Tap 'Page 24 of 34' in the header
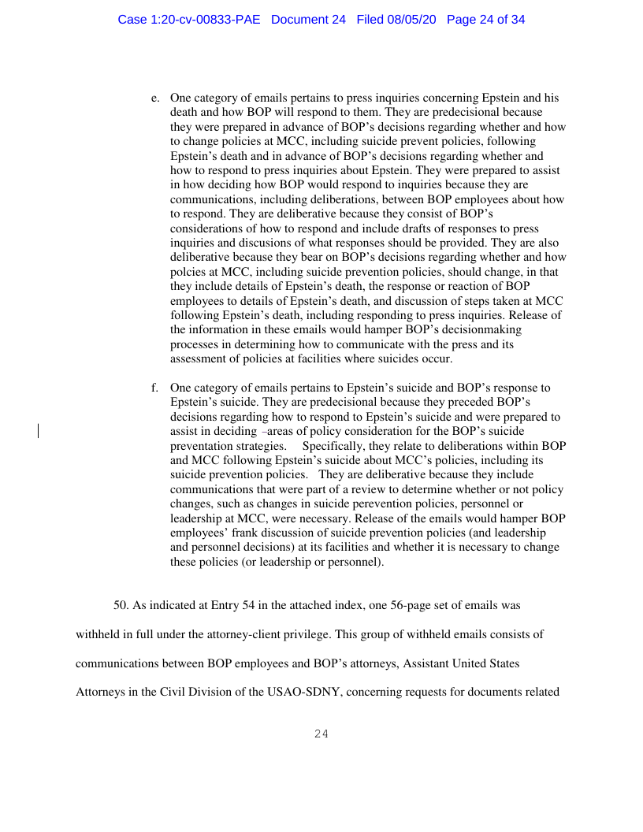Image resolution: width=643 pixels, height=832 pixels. (x=485, y=20)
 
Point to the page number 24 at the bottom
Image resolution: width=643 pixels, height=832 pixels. (x=321, y=734)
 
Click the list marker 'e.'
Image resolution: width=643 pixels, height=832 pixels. (x=155, y=98)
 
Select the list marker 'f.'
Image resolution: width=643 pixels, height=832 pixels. (x=155, y=388)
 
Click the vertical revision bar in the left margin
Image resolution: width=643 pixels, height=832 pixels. (x=39, y=431)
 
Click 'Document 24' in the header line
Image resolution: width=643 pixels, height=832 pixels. (x=308, y=20)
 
